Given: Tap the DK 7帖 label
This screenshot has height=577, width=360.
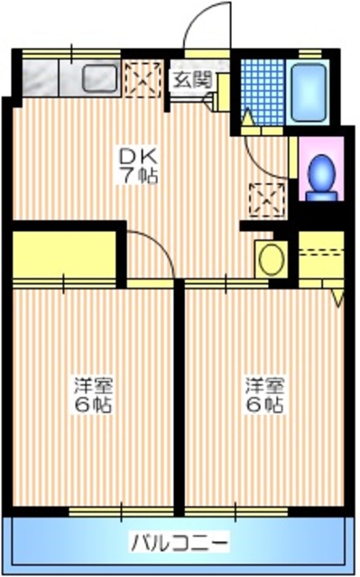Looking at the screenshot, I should [x=140, y=165].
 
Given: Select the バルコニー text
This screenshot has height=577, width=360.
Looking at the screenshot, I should [x=180, y=543].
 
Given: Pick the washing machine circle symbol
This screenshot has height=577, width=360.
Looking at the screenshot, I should [x=270, y=259].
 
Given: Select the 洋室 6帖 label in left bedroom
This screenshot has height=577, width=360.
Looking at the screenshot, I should [x=92, y=395].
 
